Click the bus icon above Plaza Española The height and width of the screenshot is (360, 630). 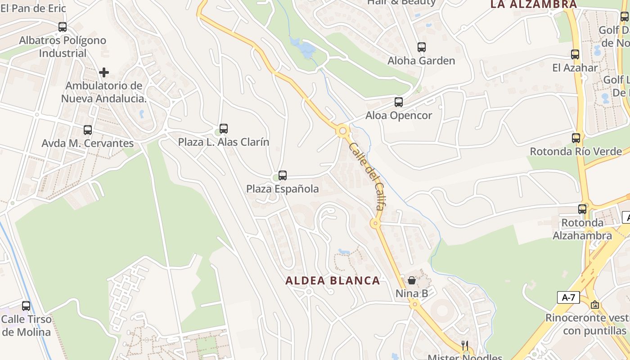283,175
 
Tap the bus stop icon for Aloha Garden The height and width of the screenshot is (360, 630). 422,47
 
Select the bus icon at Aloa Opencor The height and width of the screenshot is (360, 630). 399,102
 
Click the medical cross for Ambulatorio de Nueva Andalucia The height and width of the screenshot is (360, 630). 104,72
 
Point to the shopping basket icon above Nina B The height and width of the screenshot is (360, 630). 412,280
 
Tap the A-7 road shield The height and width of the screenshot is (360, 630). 568,297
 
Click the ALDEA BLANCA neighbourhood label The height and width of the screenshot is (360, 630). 333,281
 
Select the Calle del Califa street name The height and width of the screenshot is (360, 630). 367,176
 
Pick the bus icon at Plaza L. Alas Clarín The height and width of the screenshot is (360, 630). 224,129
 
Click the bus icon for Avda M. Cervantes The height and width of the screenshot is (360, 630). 88,130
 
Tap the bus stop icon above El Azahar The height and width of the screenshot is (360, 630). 575,54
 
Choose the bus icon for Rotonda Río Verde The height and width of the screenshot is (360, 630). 576,138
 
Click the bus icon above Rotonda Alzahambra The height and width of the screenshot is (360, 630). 582,209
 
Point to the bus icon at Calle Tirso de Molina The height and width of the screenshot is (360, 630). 26,306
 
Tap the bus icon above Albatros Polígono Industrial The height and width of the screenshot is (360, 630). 63,27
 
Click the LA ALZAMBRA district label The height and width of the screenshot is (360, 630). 533,4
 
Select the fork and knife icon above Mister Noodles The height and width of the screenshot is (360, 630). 465,346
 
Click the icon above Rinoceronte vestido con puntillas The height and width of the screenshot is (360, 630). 595,305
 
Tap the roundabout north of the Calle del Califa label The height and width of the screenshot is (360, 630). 343,131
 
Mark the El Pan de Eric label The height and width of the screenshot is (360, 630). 33,8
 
